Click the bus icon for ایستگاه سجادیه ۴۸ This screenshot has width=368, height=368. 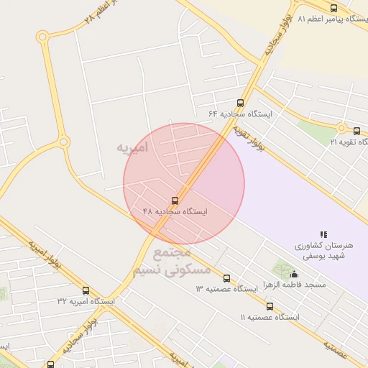[175, 200]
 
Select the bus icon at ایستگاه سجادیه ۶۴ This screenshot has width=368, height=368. [240, 103]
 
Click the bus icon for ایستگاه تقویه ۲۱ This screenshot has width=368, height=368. [356, 131]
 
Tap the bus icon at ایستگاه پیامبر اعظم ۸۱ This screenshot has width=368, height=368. [333, 8]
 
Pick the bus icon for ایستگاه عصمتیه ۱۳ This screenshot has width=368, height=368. [227, 278]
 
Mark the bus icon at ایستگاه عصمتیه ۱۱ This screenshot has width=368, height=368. [270, 306]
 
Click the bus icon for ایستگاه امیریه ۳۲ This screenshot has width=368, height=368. [86, 291]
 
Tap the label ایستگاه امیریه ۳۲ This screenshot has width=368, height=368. [86, 302]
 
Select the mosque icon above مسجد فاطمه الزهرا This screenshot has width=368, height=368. [293, 274]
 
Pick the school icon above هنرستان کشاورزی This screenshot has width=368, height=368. [323, 234]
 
